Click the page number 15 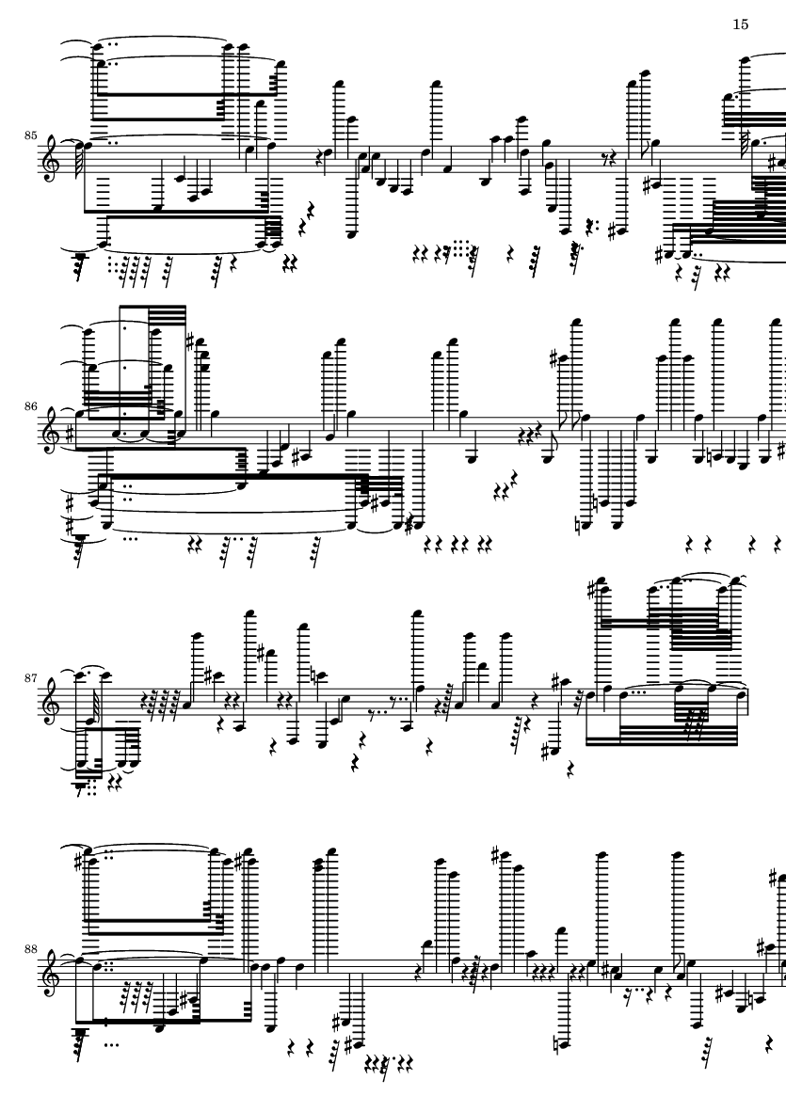coord(740,24)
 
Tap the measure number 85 coord(30,135)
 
